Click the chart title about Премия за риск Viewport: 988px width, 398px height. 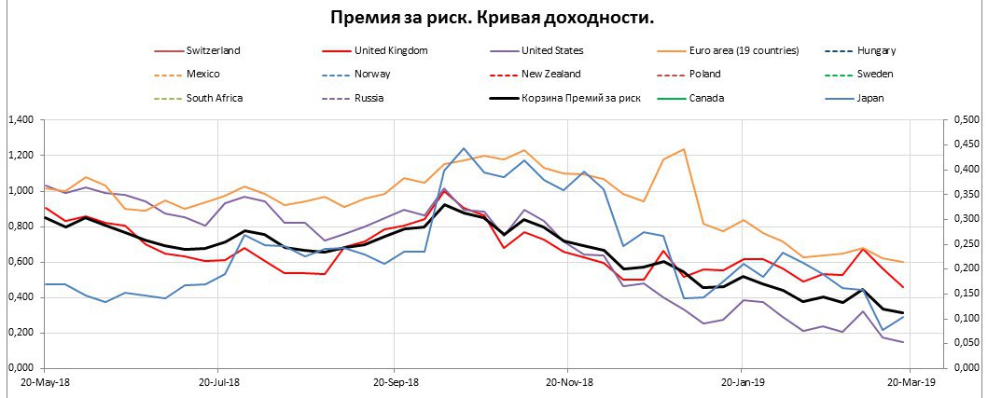pos(493,18)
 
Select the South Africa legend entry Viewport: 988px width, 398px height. pos(215,98)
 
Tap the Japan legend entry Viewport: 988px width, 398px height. pos(870,98)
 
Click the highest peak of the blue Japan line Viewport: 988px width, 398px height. pos(464,148)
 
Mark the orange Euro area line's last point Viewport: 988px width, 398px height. pos(903,262)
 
